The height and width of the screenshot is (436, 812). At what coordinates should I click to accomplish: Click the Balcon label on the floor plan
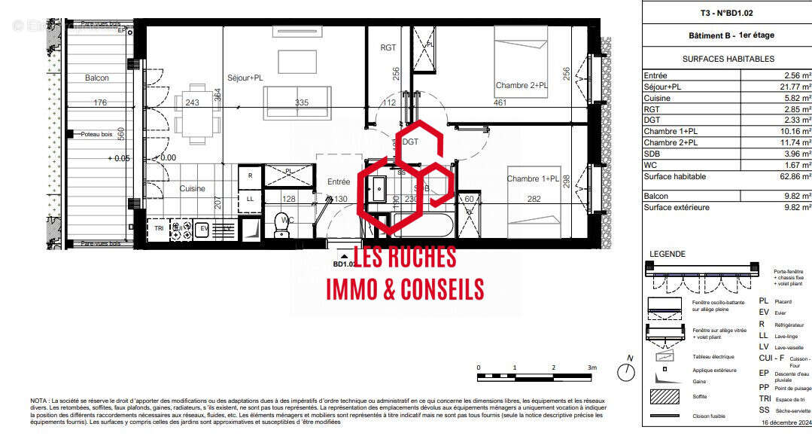click(97, 78)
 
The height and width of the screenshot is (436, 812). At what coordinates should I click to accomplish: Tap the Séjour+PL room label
click(246, 78)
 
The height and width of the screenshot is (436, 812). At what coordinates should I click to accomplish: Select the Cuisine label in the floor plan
click(193, 189)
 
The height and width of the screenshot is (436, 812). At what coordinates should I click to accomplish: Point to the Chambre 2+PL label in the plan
click(521, 86)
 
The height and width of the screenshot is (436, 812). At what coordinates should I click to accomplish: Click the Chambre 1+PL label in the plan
click(533, 178)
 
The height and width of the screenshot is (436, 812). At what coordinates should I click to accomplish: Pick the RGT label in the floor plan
click(388, 47)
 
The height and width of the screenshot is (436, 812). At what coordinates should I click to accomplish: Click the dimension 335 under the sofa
click(302, 103)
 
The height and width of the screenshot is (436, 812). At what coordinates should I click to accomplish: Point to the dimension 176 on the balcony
click(100, 103)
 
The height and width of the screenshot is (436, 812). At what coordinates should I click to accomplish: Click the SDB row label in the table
click(652, 154)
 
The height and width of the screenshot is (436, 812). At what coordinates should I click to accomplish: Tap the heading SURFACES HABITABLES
click(728, 59)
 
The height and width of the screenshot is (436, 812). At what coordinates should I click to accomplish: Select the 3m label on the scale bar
click(592, 367)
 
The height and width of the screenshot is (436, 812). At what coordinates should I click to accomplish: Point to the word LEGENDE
click(667, 253)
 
